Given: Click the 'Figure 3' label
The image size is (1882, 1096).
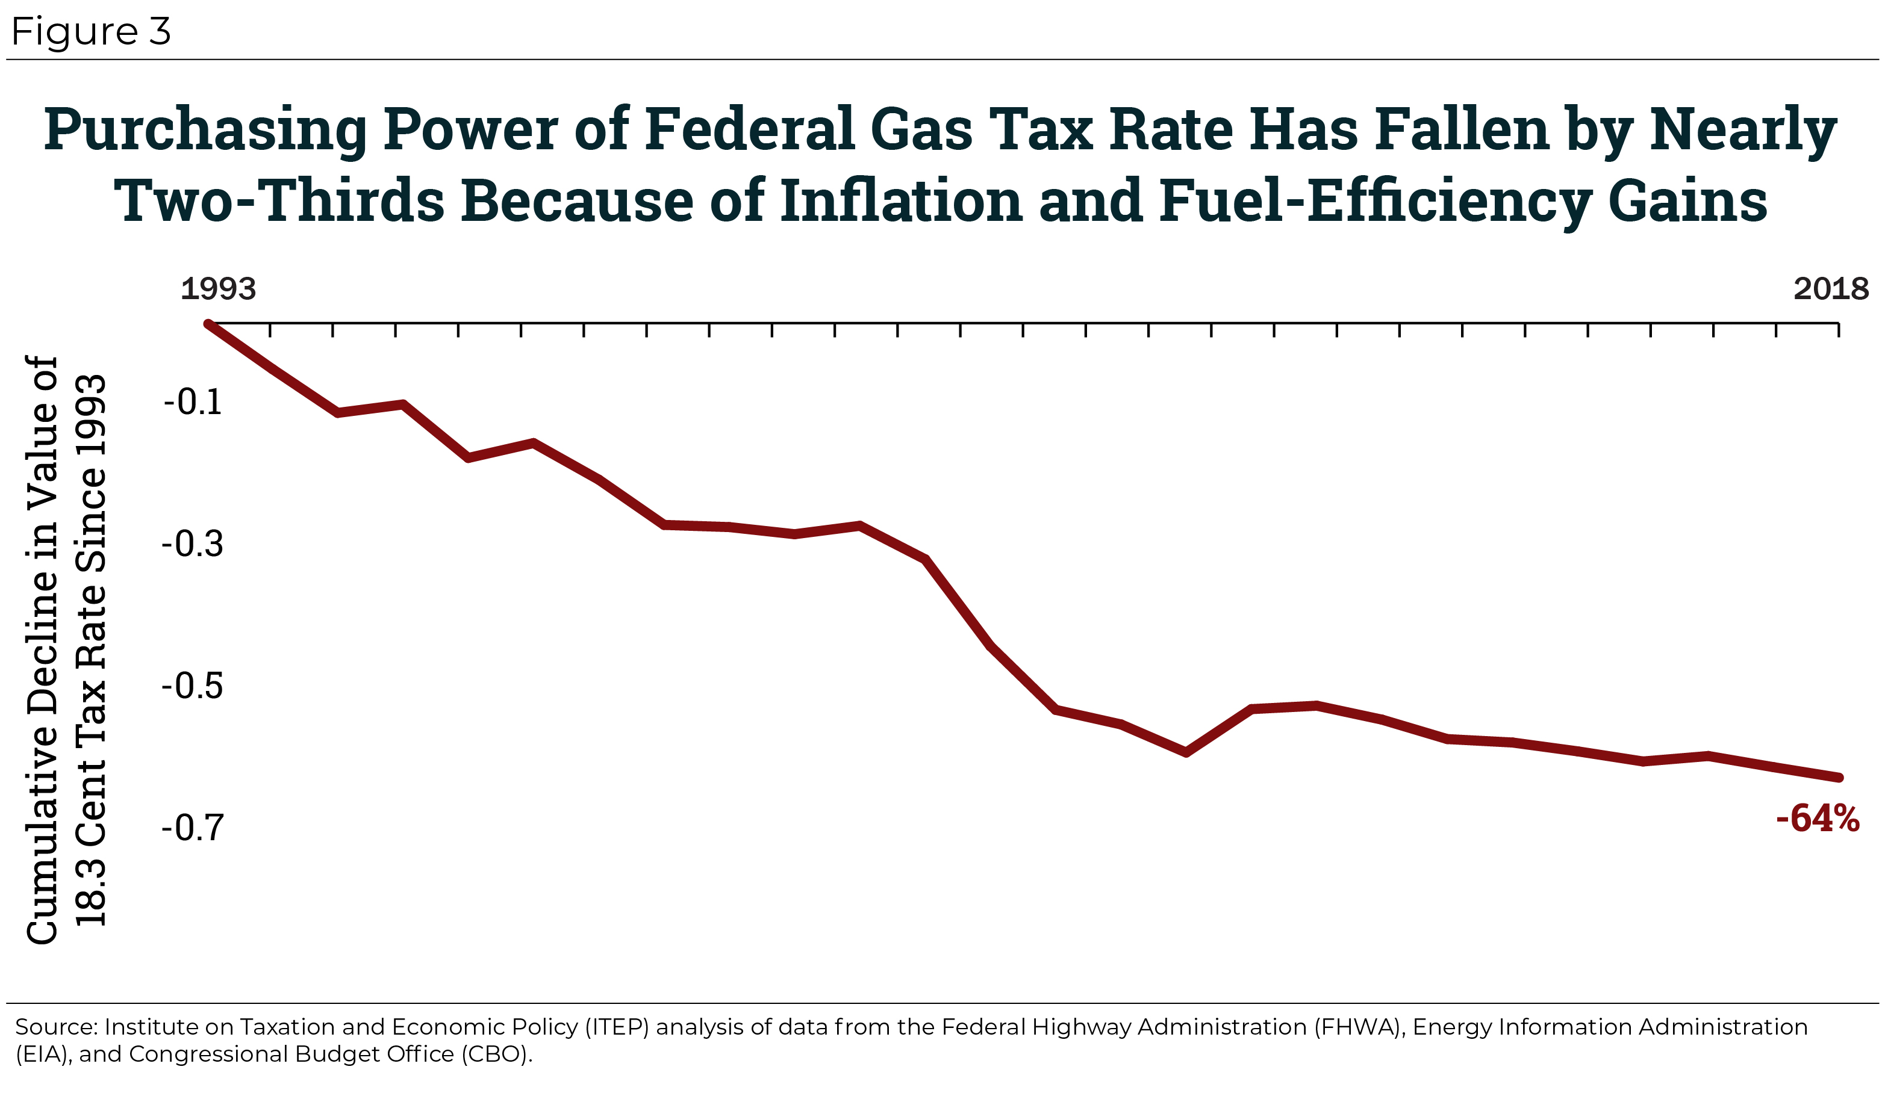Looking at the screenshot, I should coord(91,32).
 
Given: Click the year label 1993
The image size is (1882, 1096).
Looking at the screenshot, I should coord(218,289).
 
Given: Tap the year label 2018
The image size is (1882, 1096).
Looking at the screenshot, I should coord(1830,289).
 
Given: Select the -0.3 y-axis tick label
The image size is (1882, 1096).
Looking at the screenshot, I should coord(192,543).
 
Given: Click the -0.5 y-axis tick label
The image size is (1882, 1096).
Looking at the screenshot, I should coord(192,686).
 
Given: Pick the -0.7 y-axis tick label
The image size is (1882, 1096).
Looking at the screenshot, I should coord(192,827).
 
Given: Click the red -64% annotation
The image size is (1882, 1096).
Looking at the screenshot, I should coord(1818,819).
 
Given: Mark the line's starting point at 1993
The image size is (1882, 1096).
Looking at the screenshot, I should coord(208,324).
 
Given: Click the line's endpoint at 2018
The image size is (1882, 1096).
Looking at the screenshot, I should coord(1839,777).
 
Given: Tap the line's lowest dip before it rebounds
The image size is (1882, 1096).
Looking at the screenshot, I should coord(1186,752).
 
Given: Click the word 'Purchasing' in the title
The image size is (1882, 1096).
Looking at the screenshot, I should coord(205,130).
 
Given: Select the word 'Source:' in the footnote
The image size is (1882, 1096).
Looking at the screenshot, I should coord(56,1027).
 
